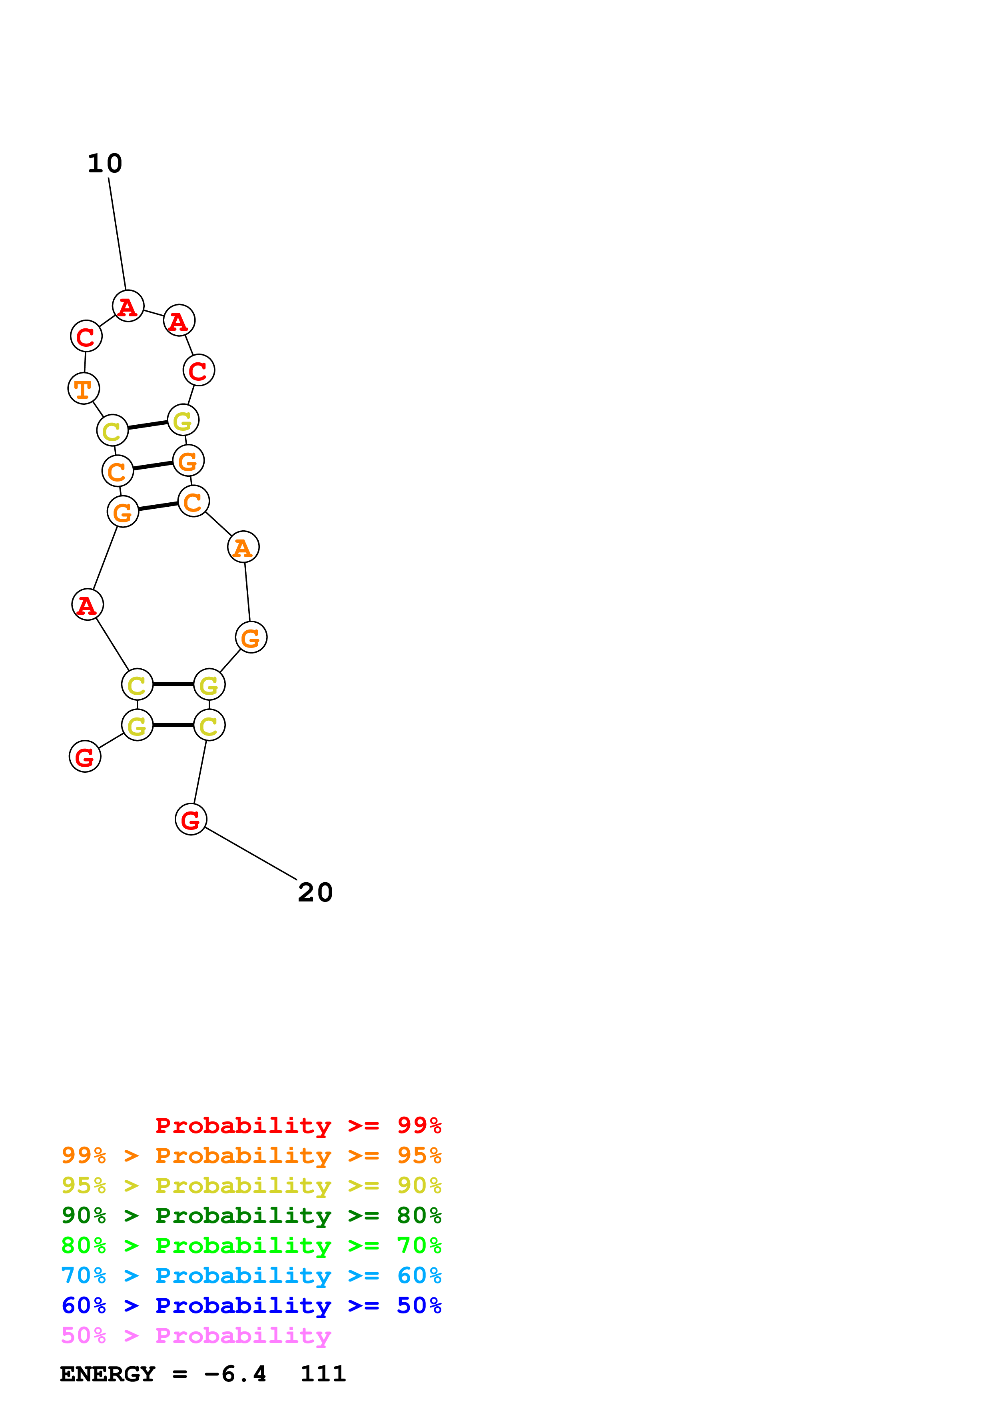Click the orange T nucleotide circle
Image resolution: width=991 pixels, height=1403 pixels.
84,389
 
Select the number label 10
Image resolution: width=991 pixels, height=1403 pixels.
105,164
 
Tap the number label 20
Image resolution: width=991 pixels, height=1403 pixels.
315,893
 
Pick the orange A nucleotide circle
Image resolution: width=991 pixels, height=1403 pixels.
243,547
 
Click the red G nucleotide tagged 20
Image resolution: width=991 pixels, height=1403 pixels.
191,819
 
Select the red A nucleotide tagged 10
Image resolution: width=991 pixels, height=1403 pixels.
128,306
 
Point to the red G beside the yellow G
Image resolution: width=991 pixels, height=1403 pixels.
85,757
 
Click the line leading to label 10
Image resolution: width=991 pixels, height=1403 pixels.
117,234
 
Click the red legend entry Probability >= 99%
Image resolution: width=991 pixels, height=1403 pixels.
298,1125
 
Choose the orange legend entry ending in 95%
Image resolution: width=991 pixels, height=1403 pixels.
251,1155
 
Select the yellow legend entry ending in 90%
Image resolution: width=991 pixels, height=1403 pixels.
251,1185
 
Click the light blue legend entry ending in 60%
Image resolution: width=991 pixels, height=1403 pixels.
251,1275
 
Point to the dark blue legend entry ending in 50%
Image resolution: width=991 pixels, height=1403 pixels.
251,1305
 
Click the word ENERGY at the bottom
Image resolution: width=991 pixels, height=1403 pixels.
108,1374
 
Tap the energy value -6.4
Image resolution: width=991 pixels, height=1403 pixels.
235,1374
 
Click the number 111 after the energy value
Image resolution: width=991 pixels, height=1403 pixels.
323,1374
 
